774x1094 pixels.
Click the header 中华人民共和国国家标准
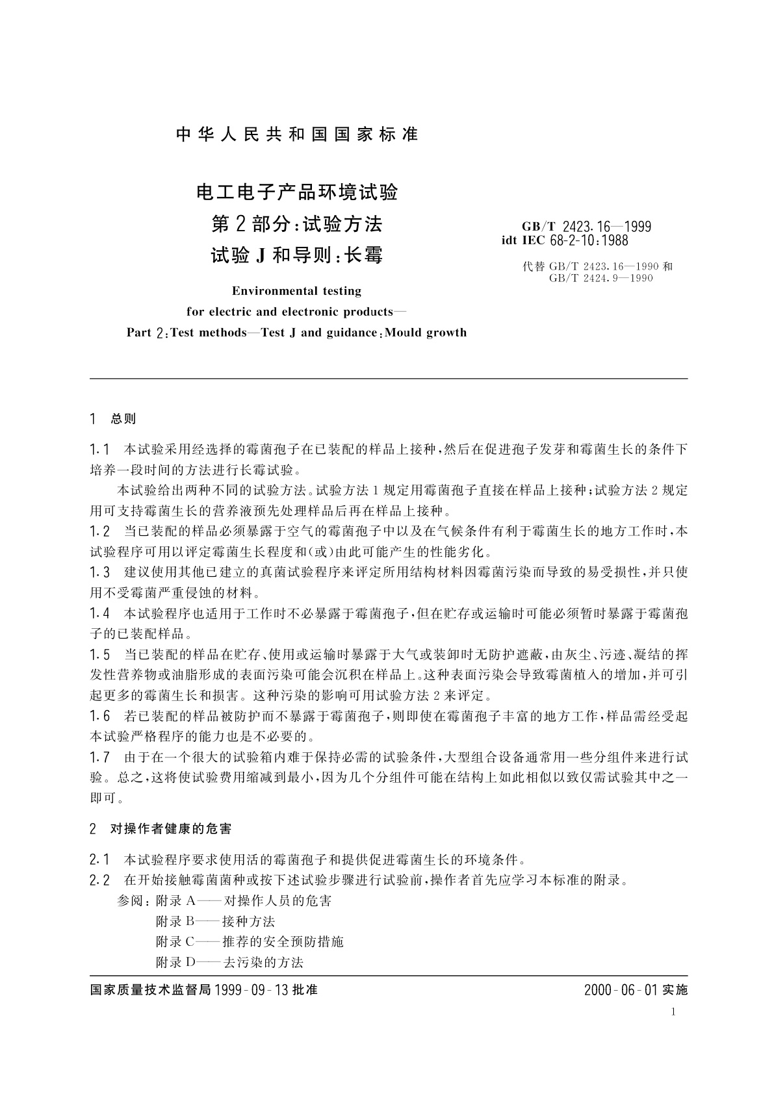297,134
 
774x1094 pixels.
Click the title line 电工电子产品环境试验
297,192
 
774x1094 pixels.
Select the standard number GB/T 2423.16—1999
586,227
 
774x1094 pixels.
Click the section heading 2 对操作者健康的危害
161,829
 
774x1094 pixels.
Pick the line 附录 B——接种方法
215,921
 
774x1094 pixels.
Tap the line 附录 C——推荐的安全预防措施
250,941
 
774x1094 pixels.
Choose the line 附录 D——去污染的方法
229,962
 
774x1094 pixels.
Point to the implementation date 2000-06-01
621,990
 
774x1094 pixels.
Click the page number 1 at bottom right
674,1011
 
